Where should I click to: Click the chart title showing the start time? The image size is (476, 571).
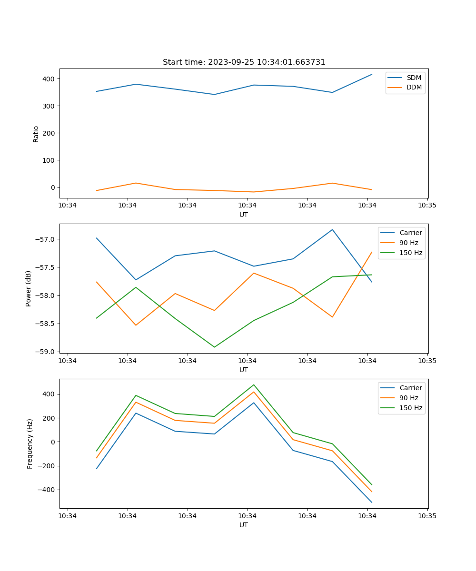[x=244, y=62]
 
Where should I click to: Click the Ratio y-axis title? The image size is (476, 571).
[x=36, y=134]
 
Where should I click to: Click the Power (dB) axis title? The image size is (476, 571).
[x=29, y=288]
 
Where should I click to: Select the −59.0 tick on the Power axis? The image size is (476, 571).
[x=47, y=352]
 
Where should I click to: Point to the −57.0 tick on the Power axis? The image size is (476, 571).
[x=47, y=239]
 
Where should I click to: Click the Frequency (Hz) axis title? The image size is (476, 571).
[x=30, y=443]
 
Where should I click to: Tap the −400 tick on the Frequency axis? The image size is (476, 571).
[x=47, y=490]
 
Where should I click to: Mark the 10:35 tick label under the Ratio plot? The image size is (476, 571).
[x=427, y=206]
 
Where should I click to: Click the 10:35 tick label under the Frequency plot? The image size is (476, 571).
[x=427, y=516]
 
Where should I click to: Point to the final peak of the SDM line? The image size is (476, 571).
[x=372, y=74]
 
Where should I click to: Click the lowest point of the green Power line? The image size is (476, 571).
[x=214, y=347]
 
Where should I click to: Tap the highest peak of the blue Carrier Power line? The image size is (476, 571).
[x=332, y=229]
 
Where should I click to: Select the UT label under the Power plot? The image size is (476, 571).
[x=244, y=370]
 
